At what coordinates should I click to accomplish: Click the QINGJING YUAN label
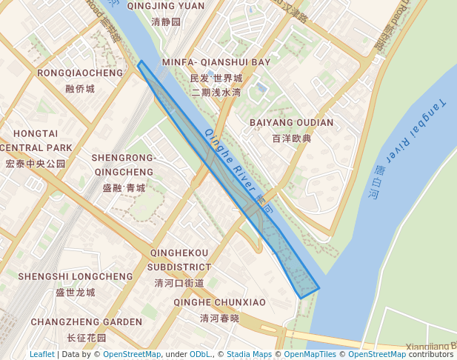[165, 6]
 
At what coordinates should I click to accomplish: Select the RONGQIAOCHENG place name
[80, 73]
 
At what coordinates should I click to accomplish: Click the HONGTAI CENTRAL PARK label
[35, 140]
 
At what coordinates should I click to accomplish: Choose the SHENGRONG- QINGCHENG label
[123, 164]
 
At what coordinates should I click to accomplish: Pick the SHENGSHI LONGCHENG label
[76, 276]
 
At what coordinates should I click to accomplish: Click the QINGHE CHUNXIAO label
[219, 302]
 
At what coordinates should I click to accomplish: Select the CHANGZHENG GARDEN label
[87, 322]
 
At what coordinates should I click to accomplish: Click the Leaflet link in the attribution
[42, 354]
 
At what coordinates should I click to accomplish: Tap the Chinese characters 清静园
[165, 22]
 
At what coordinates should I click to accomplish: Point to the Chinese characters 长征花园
[87, 338]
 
